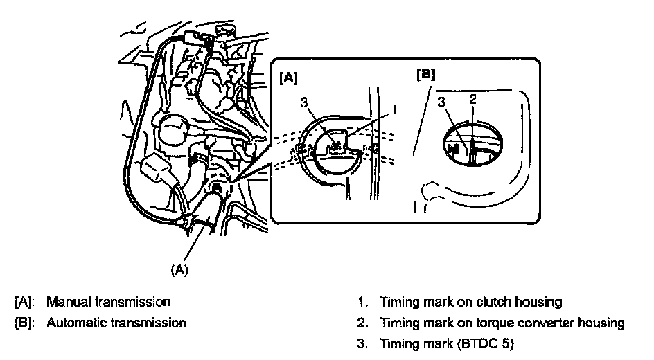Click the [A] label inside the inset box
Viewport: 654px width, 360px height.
coord(288,78)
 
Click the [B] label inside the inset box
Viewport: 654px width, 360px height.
coord(425,74)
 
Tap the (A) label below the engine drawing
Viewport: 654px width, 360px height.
coord(179,269)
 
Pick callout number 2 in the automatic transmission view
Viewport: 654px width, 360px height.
coord(472,99)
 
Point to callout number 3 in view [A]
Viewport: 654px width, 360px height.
coord(304,102)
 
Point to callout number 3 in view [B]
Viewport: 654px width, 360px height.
coord(441,102)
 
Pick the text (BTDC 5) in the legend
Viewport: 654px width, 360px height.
coord(486,344)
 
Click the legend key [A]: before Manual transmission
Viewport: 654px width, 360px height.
coord(24,302)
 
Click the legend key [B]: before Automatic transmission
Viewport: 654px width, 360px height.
coord(24,323)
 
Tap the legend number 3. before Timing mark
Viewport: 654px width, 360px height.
coord(362,344)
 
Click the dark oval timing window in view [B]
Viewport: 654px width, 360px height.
coord(472,144)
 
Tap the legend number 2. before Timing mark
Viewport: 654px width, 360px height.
coord(362,323)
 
